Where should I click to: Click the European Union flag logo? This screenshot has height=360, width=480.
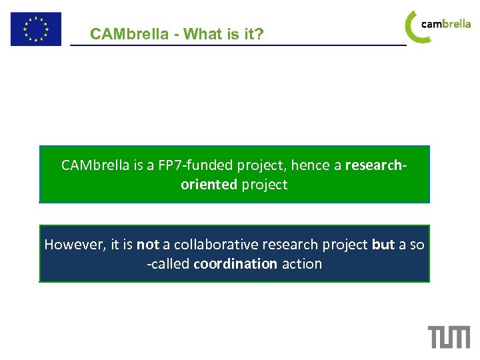[x=35, y=29]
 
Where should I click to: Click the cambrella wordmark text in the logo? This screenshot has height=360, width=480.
[x=446, y=24]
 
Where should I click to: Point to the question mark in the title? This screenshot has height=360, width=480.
[x=260, y=34]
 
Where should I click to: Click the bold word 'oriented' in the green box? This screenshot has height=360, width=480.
[x=209, y=185]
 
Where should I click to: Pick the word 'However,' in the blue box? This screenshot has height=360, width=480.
[x=72, y=245]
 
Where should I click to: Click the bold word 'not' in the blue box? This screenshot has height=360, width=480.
[x=147, y=245]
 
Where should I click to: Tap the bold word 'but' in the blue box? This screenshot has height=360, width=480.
[x=383, y=245]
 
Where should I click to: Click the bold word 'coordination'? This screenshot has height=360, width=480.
[x=235, y=264]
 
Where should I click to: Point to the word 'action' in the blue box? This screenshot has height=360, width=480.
[x=301, y=264]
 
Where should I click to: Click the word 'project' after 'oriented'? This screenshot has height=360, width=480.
[x=265, y=185]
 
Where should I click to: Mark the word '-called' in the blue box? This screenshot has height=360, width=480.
[x=168, y=264]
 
